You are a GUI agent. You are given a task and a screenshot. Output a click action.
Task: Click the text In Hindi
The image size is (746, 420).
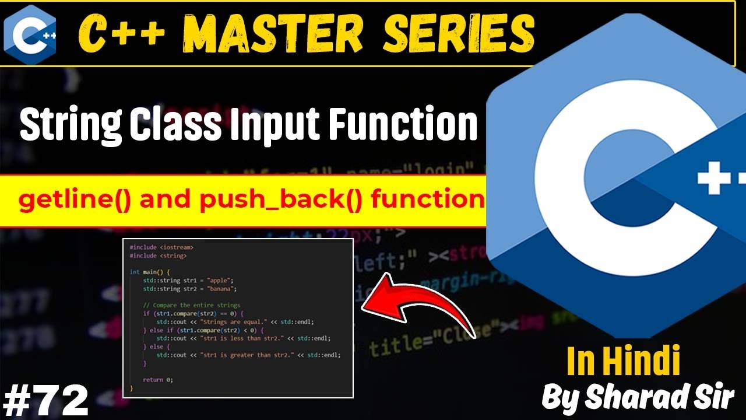(x=623, y=361)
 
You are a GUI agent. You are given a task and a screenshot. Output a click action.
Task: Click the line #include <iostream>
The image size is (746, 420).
(x=161, y=247)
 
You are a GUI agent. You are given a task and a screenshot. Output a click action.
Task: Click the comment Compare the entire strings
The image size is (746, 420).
(x=192, y=305)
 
